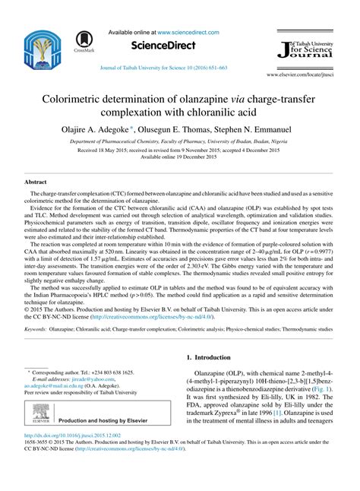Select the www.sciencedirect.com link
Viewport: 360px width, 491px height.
(188, 33)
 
